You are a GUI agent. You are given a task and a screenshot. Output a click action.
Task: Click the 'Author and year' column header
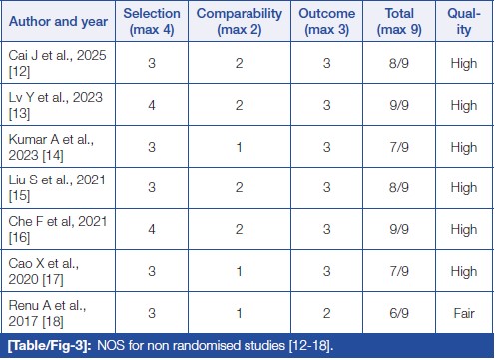[58, 21]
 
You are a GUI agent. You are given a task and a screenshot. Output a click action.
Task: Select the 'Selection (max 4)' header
[152, 21]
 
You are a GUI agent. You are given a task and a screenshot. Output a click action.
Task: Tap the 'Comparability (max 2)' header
[240, 21]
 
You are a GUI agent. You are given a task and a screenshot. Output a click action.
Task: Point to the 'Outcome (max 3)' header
[327, 21]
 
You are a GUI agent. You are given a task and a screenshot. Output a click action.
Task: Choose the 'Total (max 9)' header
[399, 21]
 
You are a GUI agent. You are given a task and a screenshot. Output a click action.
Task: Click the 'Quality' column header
[464, 21]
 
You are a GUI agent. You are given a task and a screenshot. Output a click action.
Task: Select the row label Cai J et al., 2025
[57, 63]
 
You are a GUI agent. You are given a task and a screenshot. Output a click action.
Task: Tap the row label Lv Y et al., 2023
[56, 105]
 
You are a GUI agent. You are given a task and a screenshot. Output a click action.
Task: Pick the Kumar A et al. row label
[51, 147]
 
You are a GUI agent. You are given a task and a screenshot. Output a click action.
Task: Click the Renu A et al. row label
[47, 313]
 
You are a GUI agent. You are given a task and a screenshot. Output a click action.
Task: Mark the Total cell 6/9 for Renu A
[399, 313]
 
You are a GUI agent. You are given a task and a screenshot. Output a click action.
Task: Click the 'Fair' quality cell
[464, 313]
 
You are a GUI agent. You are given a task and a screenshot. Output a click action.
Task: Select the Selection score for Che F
[152, 229]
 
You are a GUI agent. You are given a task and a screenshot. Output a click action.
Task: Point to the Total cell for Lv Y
[399, 105]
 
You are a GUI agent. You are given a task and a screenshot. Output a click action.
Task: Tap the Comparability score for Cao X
[240, 271]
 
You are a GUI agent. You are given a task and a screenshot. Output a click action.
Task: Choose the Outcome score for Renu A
[327, 313]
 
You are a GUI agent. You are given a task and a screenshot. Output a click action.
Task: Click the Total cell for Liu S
[399, 187]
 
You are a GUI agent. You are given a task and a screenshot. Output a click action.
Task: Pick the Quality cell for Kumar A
[464, 147]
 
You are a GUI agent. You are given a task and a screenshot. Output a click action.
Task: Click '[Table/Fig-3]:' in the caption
[50, 346]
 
